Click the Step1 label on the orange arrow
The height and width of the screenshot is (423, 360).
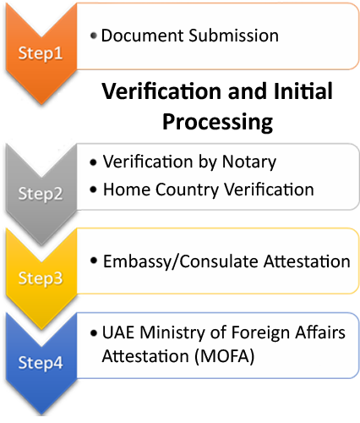pyautogui.click(x=41, y=53)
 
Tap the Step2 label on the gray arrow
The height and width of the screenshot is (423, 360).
pyautogui.click(x=41, y=195)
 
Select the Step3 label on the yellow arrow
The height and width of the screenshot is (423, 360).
pyautogui.click(x=41, y=278)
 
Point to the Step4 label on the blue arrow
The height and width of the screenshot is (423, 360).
pyautogui.click(x=41, y=363)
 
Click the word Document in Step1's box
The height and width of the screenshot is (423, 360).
pyautogui.click(x=143, y=36)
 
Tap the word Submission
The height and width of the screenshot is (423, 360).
pyautogui.click(x=233, y=36)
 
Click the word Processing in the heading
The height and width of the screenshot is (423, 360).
pyautogui.click(x=217, y=122)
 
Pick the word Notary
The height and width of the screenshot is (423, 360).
pyautogui.click(x=249, y=162)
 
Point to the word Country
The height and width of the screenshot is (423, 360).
pyautogui.click(x=187, y=190)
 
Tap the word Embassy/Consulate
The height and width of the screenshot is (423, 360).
pyautogui.click(x=181, y=261)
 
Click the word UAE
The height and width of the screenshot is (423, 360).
pyautogui.click(x=118, y=332)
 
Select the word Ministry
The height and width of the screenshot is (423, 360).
pyautogui.click(x=172, y=333)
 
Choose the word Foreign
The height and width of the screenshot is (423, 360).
pyautogui.click(x=261, y=333)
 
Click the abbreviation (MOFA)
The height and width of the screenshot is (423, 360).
pyautogui.click(x=225, y=356)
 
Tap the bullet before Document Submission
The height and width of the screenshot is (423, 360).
pyautogui.click(x=94, y=36)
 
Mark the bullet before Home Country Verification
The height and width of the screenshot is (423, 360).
pyautogui.click(x=93, y=190)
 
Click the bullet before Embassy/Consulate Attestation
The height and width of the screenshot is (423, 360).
pyautogui.click(x=94, y=261)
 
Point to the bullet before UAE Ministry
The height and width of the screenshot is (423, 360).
pyautogui.click(x=94, y=333)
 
